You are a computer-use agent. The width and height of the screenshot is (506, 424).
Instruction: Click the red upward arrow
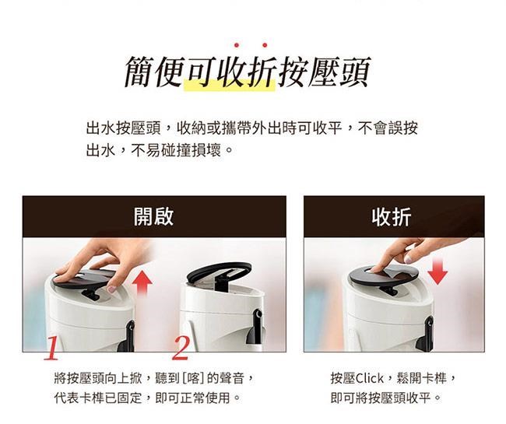click(142, 283)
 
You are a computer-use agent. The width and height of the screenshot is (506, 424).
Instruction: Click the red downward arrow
click(437, 270)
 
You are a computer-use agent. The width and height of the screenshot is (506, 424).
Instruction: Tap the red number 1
click(51, 349)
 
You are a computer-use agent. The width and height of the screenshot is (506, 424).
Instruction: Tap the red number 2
click(181, 349)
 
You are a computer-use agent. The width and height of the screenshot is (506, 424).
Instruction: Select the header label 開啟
click(154, 216)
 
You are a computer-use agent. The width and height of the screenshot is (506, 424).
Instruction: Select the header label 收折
click(392, 217)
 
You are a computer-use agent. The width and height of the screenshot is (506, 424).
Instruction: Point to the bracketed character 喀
click(194, 378)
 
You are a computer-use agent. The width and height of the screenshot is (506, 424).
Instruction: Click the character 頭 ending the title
click(355, 72)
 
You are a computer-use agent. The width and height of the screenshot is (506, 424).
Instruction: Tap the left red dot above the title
click(237, 45)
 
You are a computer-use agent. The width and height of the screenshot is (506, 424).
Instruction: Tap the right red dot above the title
click(265, 45)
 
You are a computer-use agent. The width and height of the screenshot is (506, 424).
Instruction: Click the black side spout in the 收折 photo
click(425, 335)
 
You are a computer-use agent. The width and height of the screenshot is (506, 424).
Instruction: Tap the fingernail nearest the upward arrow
click(111, 289)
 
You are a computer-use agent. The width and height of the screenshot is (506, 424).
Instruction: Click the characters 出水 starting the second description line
click(100, 150)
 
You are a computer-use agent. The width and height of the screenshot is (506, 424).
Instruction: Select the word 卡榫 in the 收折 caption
click(434, 378)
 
